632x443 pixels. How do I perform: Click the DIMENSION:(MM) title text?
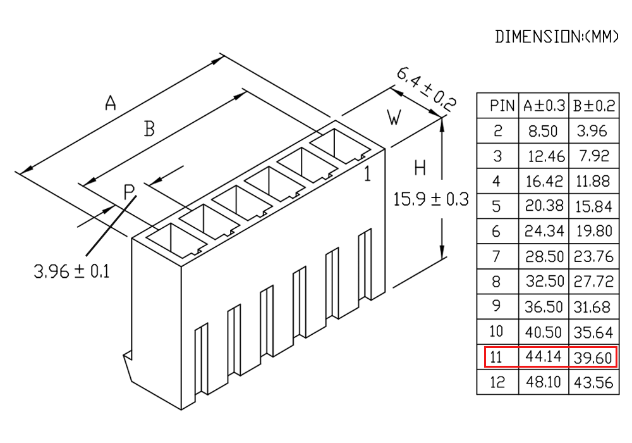[x=556, y=37]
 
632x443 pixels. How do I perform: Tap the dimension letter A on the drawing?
[x=111, y=103]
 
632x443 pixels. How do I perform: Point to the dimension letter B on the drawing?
[x=150, y=129]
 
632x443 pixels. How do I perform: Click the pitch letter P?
[x=129, y=192]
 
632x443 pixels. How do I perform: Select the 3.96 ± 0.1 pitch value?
[x=72, y=271]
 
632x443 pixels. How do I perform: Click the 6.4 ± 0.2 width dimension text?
[x=427, y=90]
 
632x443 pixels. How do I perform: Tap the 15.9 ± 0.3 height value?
[x=431, y=199]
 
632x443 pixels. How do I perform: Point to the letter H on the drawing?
[x=420, y=168]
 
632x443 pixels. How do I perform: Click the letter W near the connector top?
[x=394, y=118]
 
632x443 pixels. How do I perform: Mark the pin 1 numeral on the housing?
[x=367, y=173]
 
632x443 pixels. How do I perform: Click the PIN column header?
[x=502, y=106]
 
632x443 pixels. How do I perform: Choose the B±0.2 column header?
[x=594, y=106]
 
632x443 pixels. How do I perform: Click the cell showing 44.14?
[x=544, y=356]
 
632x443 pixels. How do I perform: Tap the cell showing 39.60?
[x=593, y=358]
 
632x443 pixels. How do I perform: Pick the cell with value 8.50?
[x=543, y=131]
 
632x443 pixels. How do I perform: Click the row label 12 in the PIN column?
[x=497, y=382]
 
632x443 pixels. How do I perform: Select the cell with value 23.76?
[x=593, y=256]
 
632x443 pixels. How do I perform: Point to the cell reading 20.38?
[x=544, y=206]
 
